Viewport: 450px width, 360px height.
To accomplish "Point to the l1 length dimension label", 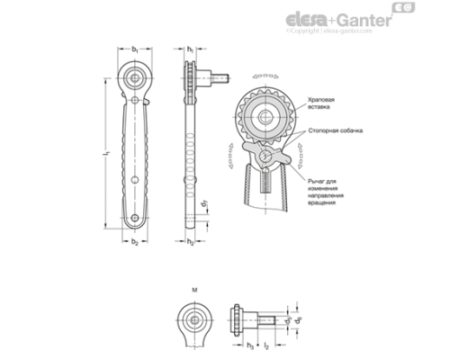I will [x=106, y=155].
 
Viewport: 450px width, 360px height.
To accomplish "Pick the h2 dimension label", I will [x=191, y=244].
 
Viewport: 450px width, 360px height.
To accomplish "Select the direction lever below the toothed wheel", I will [x=272, y=159].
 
